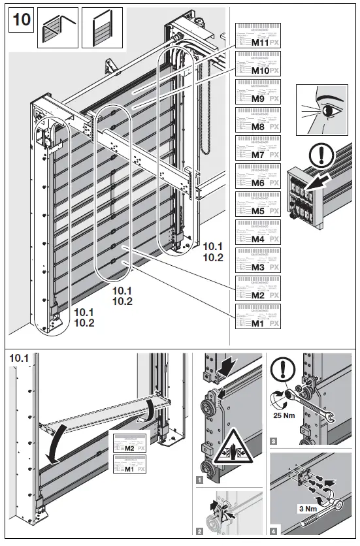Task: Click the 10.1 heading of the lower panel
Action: [x=17, y=359]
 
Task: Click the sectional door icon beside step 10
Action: [x=97, y=28]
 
